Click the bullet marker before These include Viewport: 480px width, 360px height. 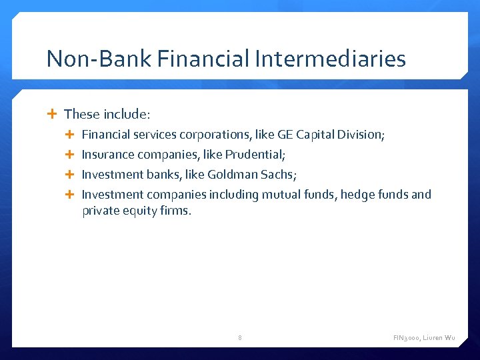pos(53,114)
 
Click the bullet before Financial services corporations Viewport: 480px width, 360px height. pos(71,135)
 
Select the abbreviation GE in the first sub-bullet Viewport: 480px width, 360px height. pos(285,135)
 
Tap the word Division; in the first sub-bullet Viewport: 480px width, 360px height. pos(361,135)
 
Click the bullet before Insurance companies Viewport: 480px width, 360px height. pos(71,155)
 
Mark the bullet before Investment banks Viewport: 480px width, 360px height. pos(71,175)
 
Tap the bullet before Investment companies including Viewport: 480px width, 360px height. pos(71,195)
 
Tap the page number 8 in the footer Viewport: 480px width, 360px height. pos(240,338)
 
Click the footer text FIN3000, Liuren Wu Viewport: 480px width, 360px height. pos(424,338)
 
